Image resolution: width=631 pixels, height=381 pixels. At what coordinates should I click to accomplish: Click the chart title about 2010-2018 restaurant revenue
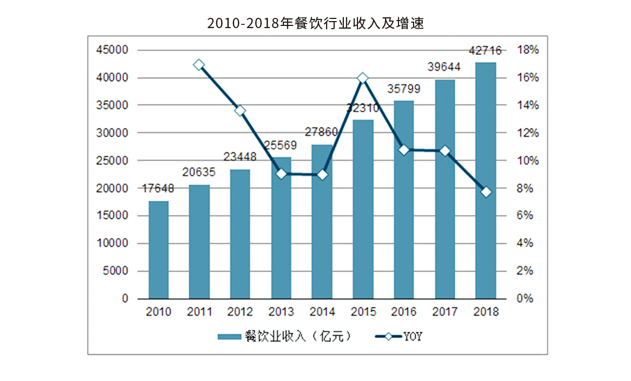click(x=315, y=23)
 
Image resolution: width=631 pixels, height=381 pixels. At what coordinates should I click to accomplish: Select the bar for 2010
click(x=158, y=250)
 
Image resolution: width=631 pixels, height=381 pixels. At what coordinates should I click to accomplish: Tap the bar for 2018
click(x=485, y=181)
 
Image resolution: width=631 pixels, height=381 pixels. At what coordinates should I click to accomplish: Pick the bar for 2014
click(x=322, y=222)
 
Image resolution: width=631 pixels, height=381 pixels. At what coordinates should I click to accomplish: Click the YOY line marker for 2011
click(x=199, y=65)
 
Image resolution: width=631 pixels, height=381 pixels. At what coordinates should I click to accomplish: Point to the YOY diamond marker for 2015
click(x=363, y=78)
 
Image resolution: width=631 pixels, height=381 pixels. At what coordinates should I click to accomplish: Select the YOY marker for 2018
click(x=486, y=192)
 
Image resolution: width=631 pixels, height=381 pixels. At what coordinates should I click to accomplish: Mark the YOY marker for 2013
click(x=281, y=174)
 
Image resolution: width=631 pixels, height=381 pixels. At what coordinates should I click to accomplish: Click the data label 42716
click(x=485, y=51)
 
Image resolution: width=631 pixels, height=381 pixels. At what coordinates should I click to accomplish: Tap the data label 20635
click(x=199, y=172)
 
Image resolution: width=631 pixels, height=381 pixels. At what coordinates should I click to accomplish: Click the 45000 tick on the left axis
click(x=113, y=50)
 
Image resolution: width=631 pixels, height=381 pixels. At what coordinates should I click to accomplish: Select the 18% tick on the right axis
click(x=528, y=50)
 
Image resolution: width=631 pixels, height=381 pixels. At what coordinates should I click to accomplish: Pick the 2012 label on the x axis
click(x=240, y=312)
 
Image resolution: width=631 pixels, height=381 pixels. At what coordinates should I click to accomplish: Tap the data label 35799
click(x=403, y=89)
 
